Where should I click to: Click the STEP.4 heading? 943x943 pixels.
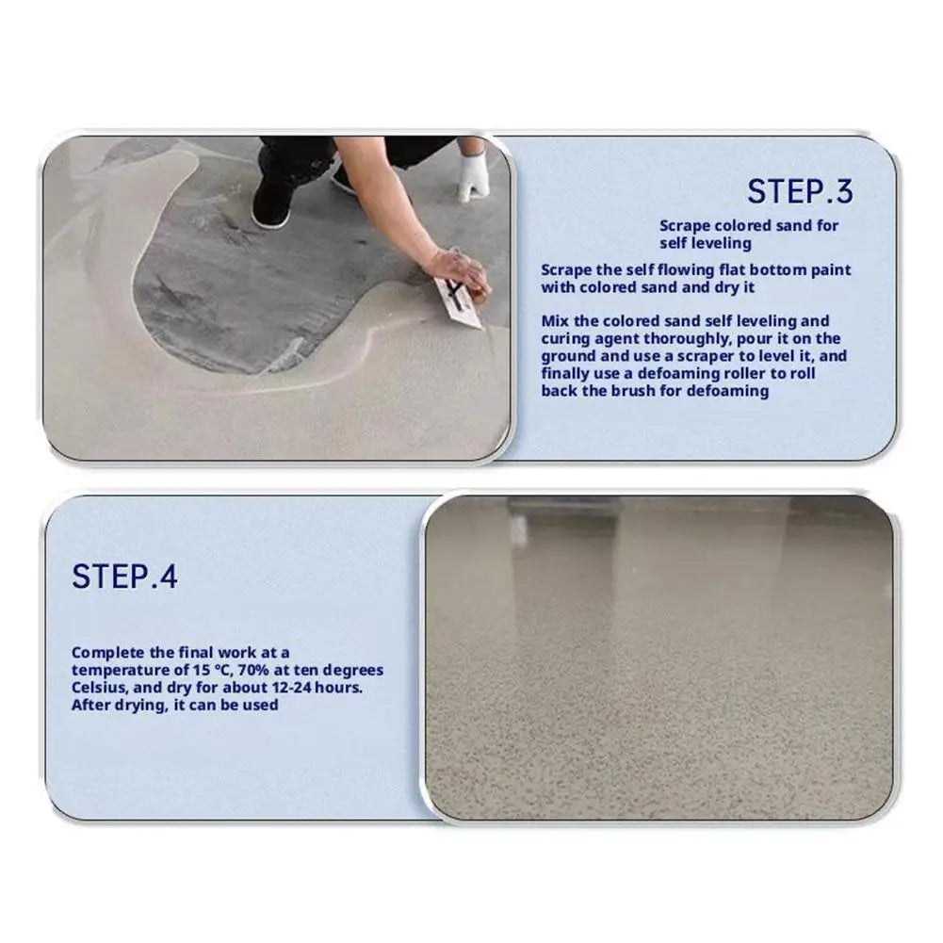click(124, 576)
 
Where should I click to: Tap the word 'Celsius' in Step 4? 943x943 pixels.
click(99, 687)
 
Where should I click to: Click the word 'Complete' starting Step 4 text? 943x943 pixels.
click(106, 652)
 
